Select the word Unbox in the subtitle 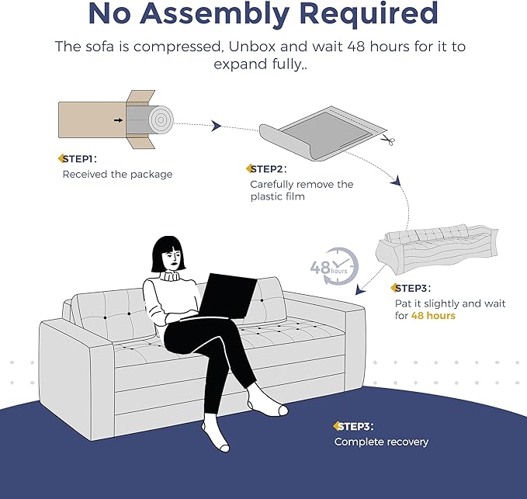click(250, 47)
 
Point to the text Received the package click(117, 175)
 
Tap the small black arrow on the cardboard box click(117, 120)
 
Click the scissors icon click(388, 141)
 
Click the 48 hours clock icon click(335, 268)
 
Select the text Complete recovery click(381, 442)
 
